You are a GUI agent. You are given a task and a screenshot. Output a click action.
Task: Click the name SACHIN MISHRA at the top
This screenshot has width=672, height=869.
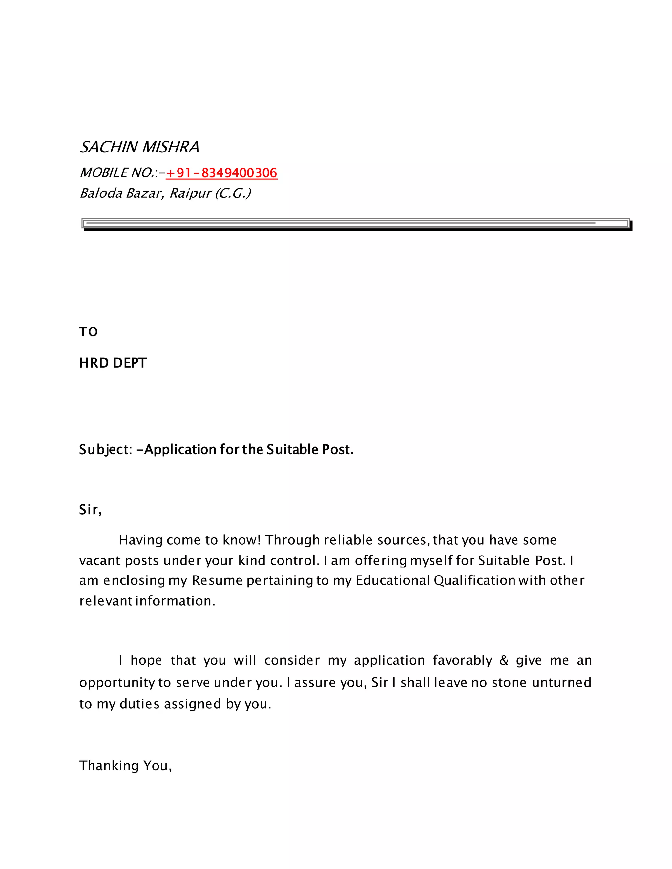[139, 147]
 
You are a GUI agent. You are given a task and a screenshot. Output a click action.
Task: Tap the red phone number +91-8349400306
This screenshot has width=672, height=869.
[221, 173]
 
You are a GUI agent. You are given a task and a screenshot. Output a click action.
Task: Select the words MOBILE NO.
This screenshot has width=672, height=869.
[116, 173]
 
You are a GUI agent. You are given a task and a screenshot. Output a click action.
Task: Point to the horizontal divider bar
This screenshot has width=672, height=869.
[356, 224]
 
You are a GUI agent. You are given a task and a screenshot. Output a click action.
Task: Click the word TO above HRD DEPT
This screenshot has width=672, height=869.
[88, 332]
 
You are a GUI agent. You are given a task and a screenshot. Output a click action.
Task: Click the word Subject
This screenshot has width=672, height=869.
[104, 450]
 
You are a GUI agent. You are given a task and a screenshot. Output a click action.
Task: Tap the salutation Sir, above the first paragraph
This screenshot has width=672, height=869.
[90, 510]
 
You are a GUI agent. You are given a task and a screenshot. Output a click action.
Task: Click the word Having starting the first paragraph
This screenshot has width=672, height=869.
[140, 540]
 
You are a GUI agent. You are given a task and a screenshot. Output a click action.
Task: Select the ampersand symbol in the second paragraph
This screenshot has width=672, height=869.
[504, 660]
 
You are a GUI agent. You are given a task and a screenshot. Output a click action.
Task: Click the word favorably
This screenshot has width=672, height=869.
[463, 660]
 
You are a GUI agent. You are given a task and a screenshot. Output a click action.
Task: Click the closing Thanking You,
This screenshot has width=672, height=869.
[125, 766]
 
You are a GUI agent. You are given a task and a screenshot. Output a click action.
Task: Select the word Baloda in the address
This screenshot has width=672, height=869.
[101, 193]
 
